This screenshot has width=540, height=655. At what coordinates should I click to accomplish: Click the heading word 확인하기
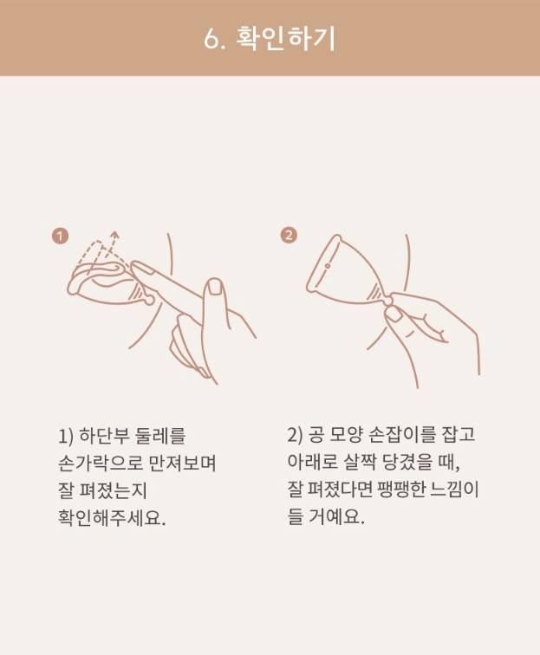click(x=286, y=39)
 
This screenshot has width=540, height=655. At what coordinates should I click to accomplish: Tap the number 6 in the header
click(x=211, y=40)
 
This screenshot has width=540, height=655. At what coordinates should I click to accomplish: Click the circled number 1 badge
click(x=60, y=237)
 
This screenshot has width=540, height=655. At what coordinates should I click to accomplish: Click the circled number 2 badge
click(x=289, y=235)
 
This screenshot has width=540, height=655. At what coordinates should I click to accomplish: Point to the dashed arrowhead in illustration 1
click(x=114, y=236)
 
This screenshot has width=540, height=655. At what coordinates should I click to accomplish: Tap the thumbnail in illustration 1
click(x=216, y=288)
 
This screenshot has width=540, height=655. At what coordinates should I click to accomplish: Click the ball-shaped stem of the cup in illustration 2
click(x=388, y=300)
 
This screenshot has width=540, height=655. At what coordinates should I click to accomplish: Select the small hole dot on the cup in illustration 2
click(x=328, y=266)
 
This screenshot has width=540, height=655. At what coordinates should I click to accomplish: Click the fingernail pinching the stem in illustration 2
click(x=394, y=315)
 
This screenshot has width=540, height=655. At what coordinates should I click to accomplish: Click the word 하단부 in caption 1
click(x=104, y=436)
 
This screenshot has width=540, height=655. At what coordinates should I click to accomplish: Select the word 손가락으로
click(x=100, y=463)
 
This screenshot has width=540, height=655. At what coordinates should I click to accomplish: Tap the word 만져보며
click(x=182, y=463)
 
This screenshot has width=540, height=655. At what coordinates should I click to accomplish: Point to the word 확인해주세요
click(x=112, y=517)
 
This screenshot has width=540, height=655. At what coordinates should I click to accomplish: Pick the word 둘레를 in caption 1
click(x=160, y=436)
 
